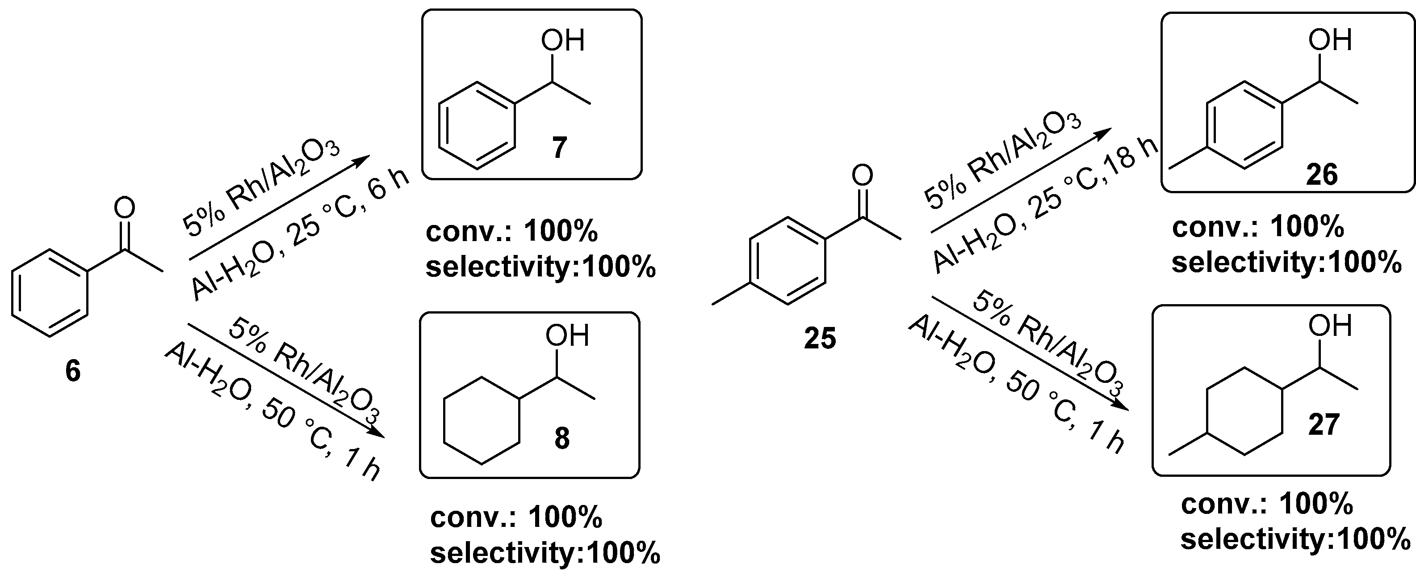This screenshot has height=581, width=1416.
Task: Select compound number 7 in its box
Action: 559,148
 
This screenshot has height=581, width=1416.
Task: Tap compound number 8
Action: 562,438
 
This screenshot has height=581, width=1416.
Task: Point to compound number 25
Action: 820,338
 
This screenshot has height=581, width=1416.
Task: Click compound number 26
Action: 1321,175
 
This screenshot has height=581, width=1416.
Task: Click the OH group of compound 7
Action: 562,41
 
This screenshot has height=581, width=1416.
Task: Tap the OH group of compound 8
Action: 567,335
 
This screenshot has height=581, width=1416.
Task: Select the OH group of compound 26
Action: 1330,40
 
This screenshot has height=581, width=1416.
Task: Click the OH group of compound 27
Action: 1330,326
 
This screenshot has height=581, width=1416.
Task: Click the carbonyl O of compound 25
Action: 862,175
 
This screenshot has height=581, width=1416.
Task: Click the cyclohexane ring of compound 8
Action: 482,421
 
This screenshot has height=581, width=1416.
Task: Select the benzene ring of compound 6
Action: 50,293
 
